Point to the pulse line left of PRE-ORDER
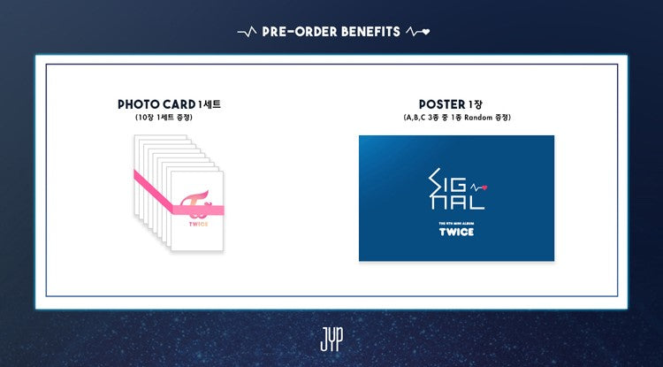(x=247, y=33)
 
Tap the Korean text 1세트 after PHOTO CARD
(x=211, y=104)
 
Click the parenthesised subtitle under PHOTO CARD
(x=171, y=118)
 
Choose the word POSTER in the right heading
(x=438, y=104)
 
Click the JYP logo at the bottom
(x=331, y=340)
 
